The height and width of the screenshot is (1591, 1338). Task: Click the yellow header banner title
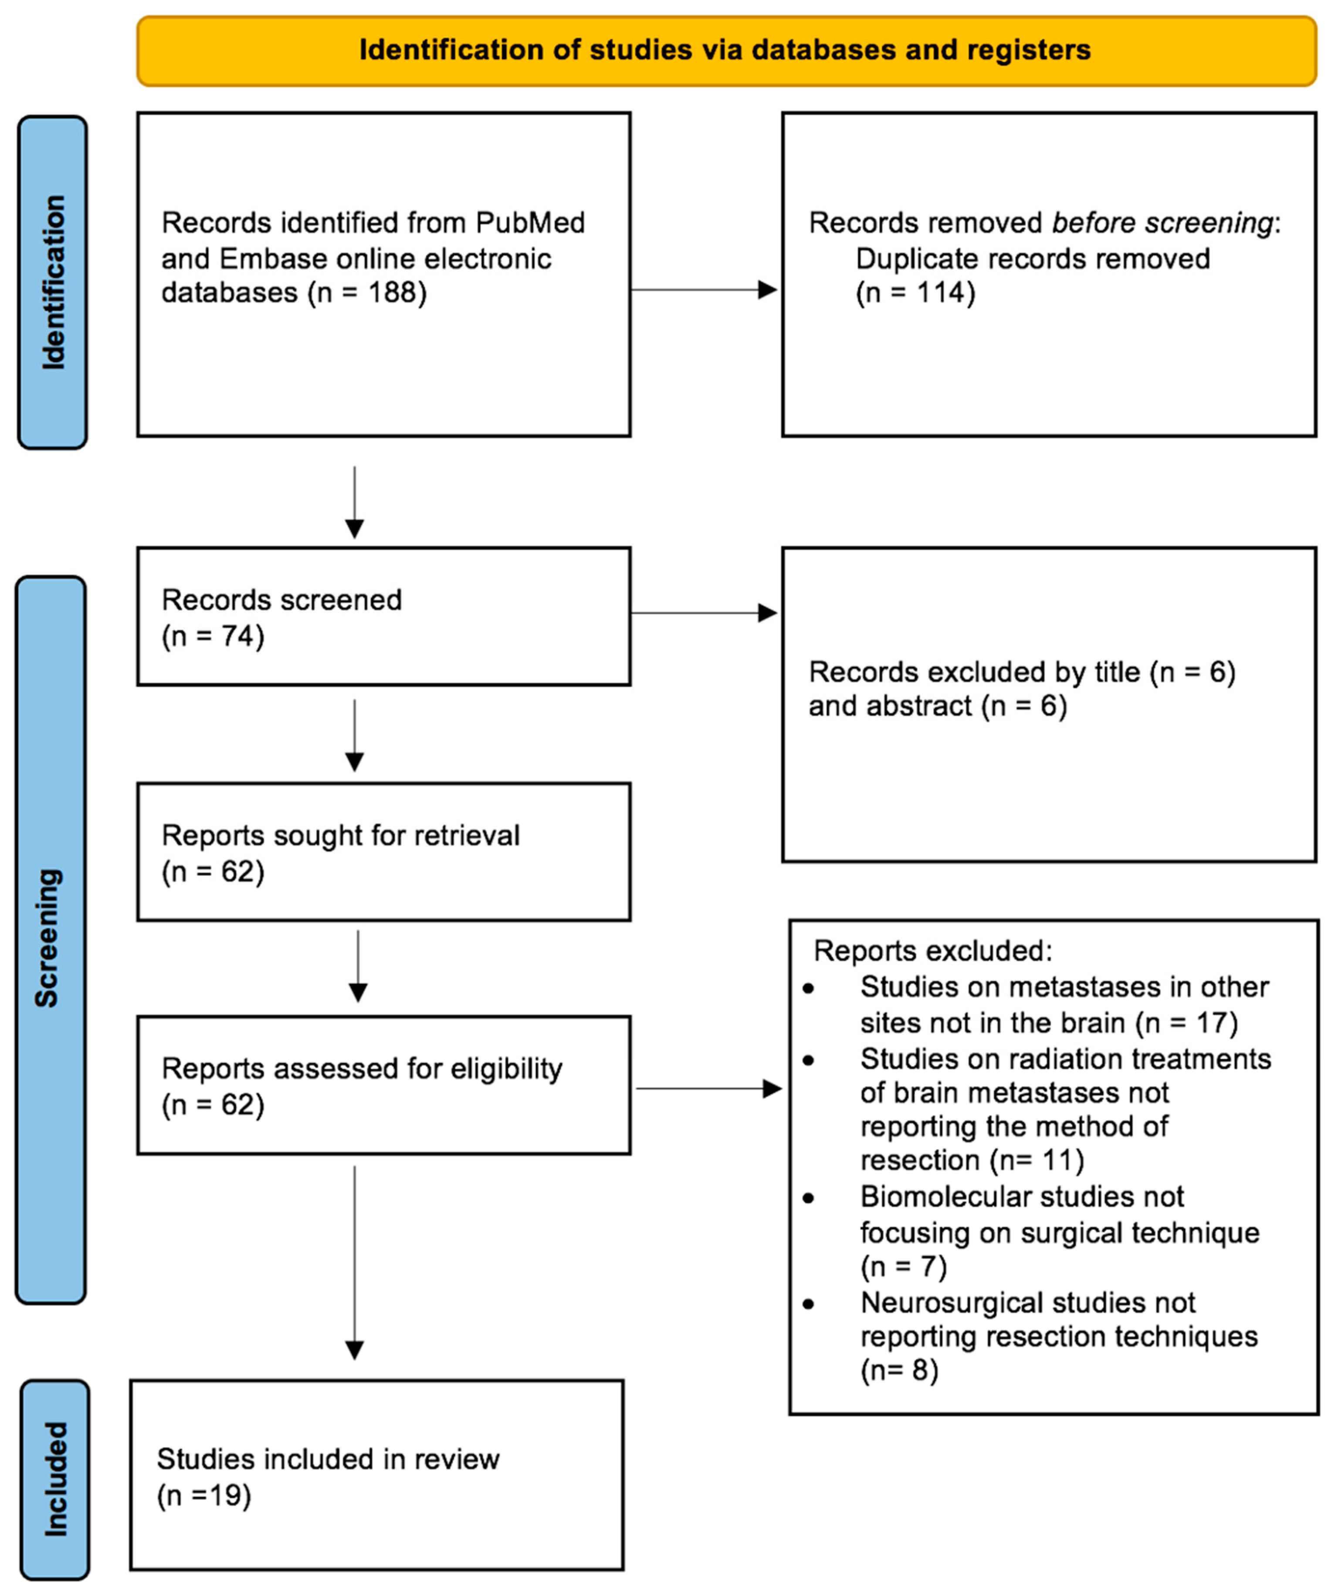pyautogui.click(x=725, y=50)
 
